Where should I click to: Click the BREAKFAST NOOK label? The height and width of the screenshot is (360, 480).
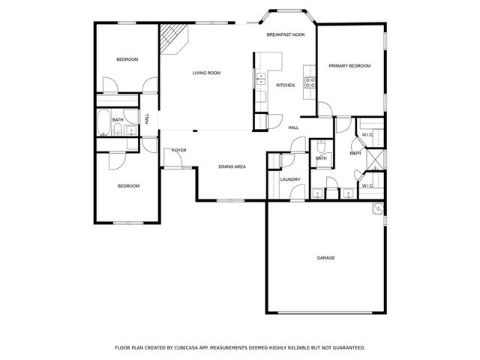286,35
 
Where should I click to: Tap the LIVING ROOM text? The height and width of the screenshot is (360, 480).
206,73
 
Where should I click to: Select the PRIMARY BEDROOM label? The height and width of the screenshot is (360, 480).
349,66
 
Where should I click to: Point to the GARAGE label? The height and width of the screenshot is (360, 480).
325,258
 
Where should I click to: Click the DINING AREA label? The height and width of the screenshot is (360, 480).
232,166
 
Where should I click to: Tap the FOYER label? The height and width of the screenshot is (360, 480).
179,151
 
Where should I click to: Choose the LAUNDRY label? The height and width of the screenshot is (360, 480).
290,180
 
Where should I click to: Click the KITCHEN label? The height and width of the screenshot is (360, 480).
285,85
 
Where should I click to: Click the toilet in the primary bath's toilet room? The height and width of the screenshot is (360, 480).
320,147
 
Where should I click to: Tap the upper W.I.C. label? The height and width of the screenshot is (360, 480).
367,136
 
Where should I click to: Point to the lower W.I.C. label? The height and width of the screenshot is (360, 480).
367,185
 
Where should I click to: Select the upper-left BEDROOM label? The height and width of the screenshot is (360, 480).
127,59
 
